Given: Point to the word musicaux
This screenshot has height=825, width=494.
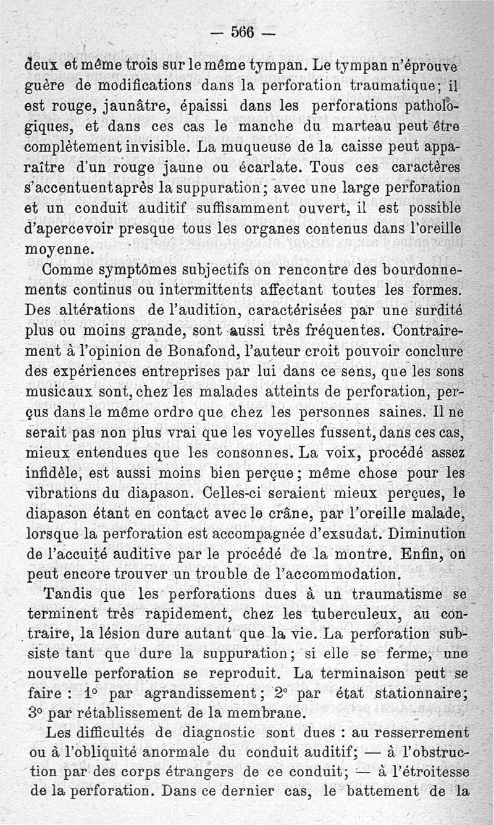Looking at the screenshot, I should tap(61, 391).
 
